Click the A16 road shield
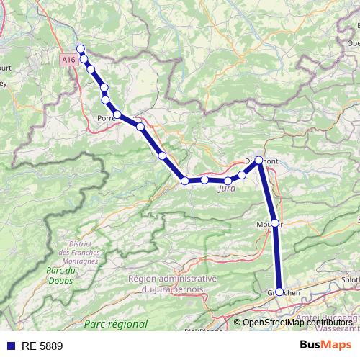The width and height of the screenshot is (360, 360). [x=68, y=60]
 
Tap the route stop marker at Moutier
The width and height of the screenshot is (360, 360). [x=274, y=222]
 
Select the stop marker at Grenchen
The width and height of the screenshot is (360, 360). [x=279, y=292]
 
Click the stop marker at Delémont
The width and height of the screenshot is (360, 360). [x=258, y=161]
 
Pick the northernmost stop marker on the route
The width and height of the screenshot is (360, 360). [x=81, y=49]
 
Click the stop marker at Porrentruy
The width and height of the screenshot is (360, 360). [x=117, y=114]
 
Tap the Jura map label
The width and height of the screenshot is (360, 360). [x=226, y=189]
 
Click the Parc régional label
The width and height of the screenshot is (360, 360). [x=115, y=325]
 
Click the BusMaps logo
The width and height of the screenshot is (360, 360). [x=330, y=345]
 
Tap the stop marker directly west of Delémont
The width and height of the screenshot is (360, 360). [x=243, y=175]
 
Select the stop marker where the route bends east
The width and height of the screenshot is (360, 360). [x=185, y=181]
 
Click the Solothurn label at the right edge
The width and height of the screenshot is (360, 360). [x=350, y=279]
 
